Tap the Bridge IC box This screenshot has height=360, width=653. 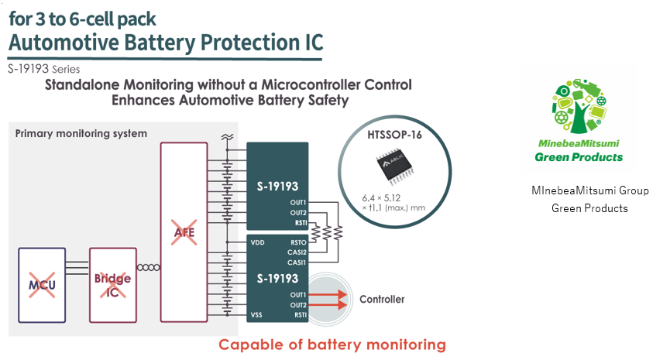click(112, 283)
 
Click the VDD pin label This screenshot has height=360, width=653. click(258, 242)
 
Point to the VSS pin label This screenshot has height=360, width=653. click(257, 315)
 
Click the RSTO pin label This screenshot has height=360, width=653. click(299, 242)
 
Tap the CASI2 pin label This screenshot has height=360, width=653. click(297, 252)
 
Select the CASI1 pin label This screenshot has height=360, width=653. click(297, 262)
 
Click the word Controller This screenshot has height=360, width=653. click(382, 299)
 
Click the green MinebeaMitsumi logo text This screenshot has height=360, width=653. click(579, 144)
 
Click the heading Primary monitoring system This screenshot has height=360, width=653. click(81, 134)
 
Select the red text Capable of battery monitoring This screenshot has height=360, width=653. click(332, 345)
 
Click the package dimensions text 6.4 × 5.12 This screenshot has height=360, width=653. click(380, 197)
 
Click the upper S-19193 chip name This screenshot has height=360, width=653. click(277, 186)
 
